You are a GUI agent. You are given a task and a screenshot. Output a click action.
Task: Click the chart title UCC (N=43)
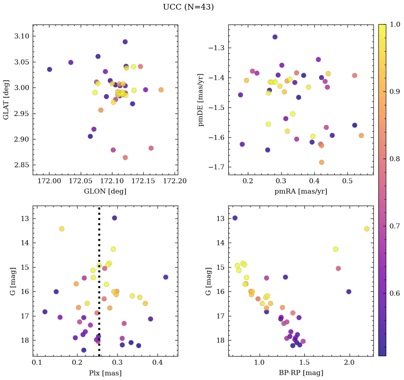188,7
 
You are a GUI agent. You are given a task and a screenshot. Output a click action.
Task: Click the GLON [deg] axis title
105,191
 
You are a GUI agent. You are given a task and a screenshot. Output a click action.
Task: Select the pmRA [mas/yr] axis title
301,191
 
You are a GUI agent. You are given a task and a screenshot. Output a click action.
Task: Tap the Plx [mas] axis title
105,373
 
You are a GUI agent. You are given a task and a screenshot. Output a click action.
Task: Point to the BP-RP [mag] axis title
301,373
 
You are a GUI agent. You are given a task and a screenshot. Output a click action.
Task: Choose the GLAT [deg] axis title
6,100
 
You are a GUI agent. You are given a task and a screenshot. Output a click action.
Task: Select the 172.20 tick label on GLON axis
175,181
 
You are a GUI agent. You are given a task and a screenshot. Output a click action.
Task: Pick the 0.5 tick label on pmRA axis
347,181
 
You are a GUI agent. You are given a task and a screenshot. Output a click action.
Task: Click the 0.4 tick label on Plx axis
158,363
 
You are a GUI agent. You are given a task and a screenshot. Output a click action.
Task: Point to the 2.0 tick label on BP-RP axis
349,363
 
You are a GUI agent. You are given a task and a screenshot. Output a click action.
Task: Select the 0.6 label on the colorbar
394,293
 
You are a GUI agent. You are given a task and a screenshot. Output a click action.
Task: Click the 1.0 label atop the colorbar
394,25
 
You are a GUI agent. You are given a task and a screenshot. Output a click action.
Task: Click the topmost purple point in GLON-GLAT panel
125,42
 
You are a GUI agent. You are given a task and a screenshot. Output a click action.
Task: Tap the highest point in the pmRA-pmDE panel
275,37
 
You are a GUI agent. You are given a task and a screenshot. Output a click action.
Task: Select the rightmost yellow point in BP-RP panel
367,229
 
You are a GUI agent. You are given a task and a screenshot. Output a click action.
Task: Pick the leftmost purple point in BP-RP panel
235,218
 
